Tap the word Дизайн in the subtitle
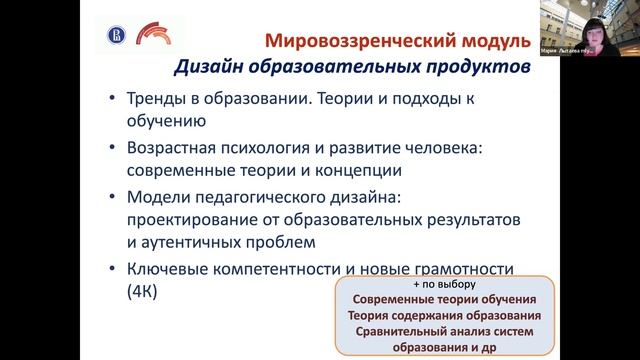(209, 68)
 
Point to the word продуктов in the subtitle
(469, 68)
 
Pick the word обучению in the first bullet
(165, 122)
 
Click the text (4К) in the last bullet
(143, 291)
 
